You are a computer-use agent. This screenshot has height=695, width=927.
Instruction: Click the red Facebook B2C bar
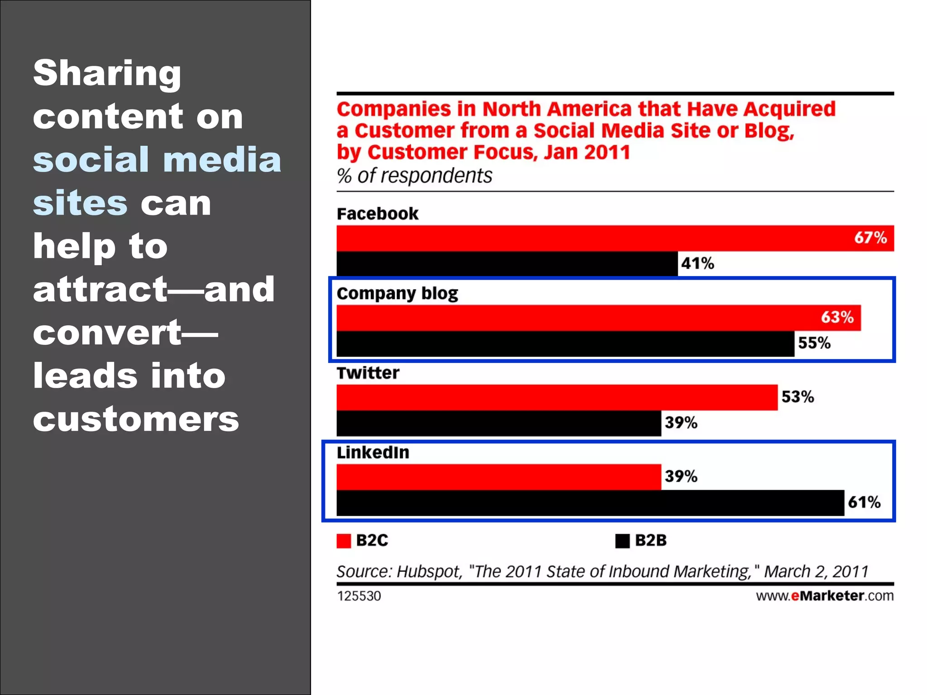coord(588,238)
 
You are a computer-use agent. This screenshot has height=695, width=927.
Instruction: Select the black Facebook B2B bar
coord(507,264)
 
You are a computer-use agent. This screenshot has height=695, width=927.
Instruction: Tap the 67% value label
coord(870,238)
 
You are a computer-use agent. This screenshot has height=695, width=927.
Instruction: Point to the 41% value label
coord(698,263)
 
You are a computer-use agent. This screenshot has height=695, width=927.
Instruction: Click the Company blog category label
coord(397,294)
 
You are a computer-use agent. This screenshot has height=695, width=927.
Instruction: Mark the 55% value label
coord(814,343)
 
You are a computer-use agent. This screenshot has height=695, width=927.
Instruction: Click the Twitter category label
coord(368,373)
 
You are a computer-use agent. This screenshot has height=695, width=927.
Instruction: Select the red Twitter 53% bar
coord(557,397)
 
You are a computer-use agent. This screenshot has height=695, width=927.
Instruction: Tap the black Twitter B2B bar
coord(498,423)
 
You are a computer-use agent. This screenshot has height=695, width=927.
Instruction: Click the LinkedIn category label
coord(373,452)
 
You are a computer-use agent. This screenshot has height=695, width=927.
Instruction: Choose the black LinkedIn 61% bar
coord(588,503)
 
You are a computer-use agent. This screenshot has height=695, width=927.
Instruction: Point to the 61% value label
coord(864,502)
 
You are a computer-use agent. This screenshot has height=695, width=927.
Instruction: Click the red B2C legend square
coord(344,541)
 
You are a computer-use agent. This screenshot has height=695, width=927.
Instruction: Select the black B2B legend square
coord(622,541)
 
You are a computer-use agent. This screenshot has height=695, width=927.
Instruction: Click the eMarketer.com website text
coord(825,596)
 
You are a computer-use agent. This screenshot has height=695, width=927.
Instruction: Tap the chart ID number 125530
coord(359,596)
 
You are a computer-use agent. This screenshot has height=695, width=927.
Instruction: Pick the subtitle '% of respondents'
coord(414,176)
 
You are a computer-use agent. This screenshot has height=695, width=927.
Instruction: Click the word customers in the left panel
coord(136,419)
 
